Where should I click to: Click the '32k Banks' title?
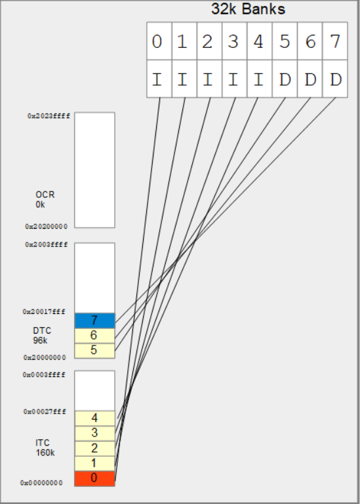coord(248,10)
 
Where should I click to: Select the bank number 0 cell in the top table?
coord(157,43)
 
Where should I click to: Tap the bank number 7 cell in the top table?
coord(336,43)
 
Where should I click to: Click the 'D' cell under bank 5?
coord(285,80)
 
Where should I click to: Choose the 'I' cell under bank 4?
coord(259,80)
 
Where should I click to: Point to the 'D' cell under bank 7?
coord(336,80)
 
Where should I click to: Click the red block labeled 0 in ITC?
coord(94,478)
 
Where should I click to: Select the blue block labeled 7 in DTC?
coord(94,320)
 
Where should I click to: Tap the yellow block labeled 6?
coord(94,336)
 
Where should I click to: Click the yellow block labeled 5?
coord(94,351)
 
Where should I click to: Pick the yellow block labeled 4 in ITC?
coord(94,418)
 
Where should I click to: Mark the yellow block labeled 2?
coord(94,448)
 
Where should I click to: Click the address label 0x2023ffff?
coord(49,115)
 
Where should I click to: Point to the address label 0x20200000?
coord(47,226)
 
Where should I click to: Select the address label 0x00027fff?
coord(45,412)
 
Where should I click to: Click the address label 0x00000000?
coord(42,483)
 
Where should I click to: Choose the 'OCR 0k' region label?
coord(45,200)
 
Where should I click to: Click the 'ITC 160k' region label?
coord(45,448)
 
